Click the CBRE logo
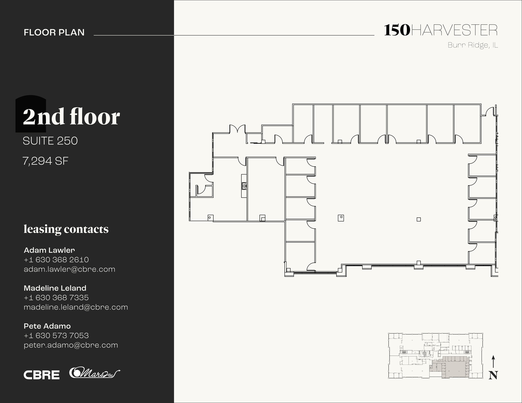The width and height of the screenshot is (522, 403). (42, 375)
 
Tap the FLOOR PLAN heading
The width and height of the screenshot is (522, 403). (54, 32)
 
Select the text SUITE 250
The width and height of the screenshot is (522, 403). (50, 141)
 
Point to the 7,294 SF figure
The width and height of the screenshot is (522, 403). (46, 161)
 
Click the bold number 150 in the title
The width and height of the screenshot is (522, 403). (397, 30)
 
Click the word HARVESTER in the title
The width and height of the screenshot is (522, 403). (454, 31)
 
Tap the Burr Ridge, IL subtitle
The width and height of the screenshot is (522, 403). (473, 45)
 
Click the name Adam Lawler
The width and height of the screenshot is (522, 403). (49, 250)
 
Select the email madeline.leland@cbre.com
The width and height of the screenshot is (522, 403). (76, 307)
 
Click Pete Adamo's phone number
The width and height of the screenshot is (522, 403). (56, 336)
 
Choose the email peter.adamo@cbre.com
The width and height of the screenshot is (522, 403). (71, 345)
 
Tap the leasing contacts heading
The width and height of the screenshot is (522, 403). (66, 229)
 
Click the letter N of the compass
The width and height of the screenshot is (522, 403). (493, 375)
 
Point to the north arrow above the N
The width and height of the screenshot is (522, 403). (493, 362)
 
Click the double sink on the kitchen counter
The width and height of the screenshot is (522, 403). (244, 186)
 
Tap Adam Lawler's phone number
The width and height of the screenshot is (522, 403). (56, 260)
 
